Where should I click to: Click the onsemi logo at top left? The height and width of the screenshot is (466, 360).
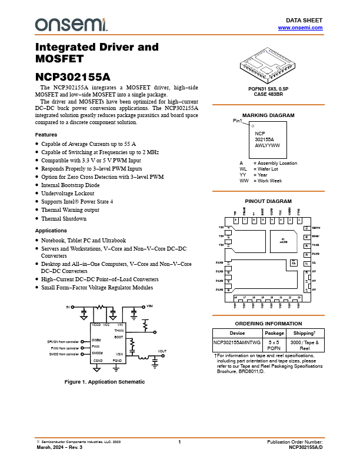71,24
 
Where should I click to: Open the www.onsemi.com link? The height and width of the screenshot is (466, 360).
300,28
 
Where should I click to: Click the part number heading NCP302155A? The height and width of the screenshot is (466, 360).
72,76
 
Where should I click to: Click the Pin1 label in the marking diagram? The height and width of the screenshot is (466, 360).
237,121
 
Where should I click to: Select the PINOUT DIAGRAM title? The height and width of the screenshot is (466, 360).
268,201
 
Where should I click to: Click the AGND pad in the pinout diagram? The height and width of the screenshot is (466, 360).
282,241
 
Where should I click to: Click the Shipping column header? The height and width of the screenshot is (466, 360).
304,333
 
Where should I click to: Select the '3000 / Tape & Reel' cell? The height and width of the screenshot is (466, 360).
304,345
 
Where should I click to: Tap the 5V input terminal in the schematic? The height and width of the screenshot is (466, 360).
69,307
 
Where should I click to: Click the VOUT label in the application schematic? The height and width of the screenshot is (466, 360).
162,351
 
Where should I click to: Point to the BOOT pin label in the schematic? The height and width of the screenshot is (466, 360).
119,337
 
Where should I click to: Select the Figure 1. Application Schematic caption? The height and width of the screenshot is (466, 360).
104,382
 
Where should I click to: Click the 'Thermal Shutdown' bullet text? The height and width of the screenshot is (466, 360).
64,218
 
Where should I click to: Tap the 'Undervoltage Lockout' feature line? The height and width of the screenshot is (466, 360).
68,193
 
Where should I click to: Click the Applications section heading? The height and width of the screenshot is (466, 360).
51,231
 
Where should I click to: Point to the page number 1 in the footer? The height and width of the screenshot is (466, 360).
180,441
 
